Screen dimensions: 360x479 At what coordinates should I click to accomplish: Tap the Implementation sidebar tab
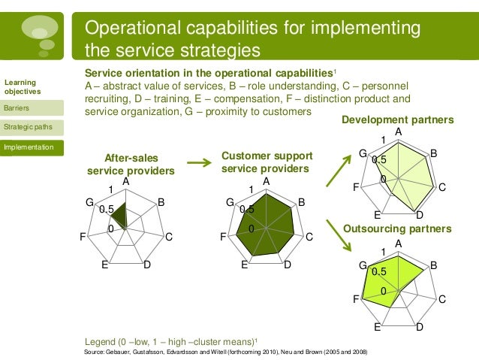(28, 147)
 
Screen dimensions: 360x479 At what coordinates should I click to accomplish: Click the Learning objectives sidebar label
(21, 86)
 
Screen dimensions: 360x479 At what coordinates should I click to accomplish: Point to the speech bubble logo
(40, 32)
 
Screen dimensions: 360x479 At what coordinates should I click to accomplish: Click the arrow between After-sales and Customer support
(197, 161)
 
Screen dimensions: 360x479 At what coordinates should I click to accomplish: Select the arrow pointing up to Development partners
(339, 168)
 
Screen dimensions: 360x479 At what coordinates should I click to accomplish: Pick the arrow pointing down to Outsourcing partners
(339, 231)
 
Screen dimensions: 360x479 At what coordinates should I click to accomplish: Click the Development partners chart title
(397, 119)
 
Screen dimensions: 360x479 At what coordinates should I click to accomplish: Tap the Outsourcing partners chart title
(396, 228)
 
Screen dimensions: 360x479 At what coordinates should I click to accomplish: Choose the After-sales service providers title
(131, 164)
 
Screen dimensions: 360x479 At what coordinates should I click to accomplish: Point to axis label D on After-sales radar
(147, 265)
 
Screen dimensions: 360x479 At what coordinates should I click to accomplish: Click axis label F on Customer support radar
(223, 237)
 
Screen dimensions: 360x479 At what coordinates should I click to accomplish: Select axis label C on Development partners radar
(442, 187)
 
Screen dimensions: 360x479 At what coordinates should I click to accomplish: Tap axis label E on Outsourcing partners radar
(378, 328)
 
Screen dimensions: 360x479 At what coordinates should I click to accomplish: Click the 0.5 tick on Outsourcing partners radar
(379, 271)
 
